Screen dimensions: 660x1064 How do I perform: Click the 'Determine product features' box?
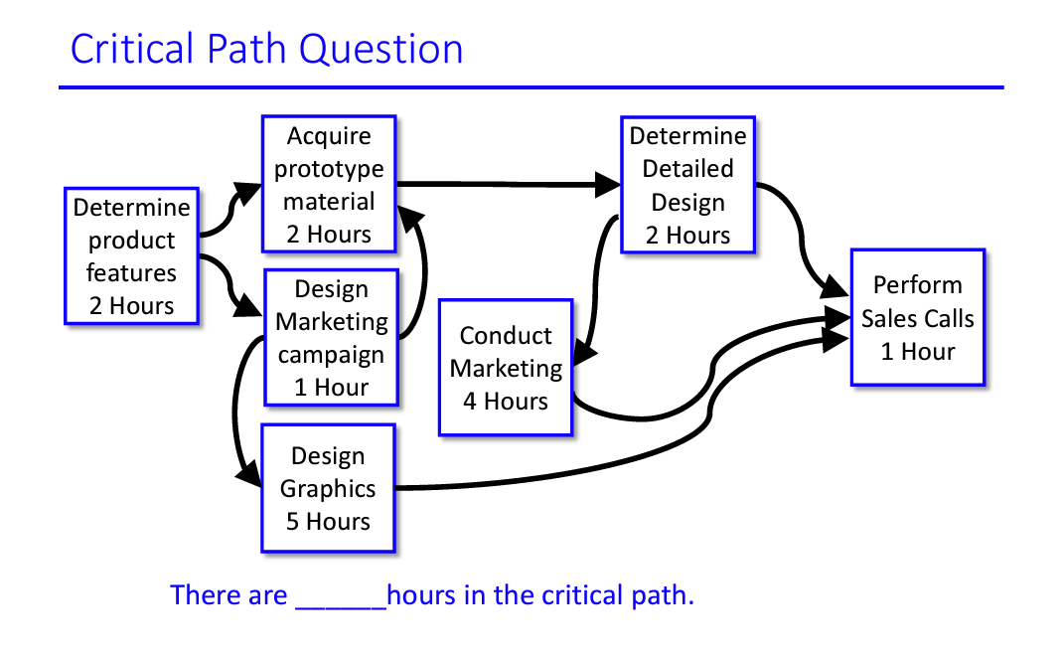131,255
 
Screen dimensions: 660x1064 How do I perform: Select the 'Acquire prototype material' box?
329,185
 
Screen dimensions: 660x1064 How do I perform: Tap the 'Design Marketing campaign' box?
331,337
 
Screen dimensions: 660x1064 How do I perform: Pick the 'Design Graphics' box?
328,488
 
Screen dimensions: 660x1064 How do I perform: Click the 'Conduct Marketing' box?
506,367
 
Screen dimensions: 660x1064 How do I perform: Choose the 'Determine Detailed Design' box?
687,185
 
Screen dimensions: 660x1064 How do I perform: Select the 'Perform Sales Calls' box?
917,317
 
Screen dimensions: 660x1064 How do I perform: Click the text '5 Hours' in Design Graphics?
328,522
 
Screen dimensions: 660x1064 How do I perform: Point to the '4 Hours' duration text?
506,402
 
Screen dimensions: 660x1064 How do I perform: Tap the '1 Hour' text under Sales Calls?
917,352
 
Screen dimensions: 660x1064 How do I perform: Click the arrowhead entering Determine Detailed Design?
608,184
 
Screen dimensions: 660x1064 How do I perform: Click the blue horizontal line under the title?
531,87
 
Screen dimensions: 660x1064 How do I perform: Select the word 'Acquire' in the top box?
329,136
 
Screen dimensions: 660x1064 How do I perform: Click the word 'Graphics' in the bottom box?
328,489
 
